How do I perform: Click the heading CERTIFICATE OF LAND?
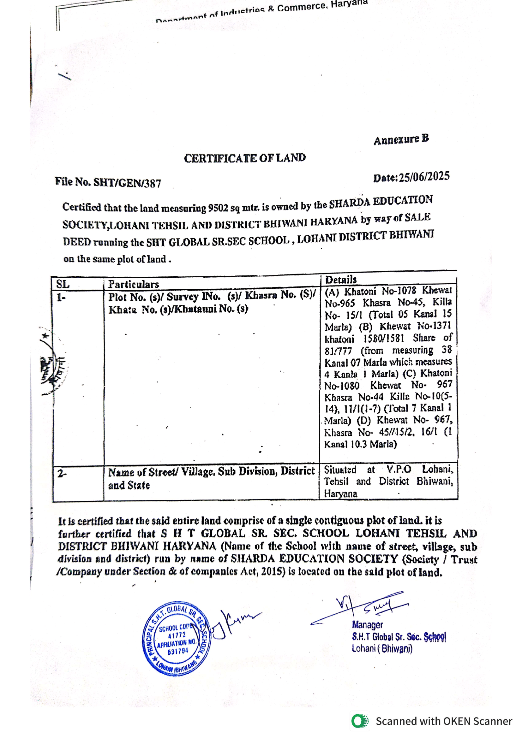(x=245, y=158)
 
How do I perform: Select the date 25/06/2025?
(x=424, y=177)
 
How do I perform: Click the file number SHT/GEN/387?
(x=127, y=183)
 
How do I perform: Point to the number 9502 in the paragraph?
(x=218, y=208)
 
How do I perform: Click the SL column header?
(x=63, y=284)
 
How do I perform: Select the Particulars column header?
(x=134, y=284)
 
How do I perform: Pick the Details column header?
(x=341, y=280)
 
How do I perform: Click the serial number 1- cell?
(x=61, y=298)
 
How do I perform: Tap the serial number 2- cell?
(x=62, y=474)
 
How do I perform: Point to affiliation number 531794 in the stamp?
(x=177, y=651)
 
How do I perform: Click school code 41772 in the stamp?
(x=177, y=635)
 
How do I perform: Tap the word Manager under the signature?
(x=367, y=624)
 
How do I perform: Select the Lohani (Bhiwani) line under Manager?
(x=382, y=648)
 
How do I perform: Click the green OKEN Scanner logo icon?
(x=360, y=721)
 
